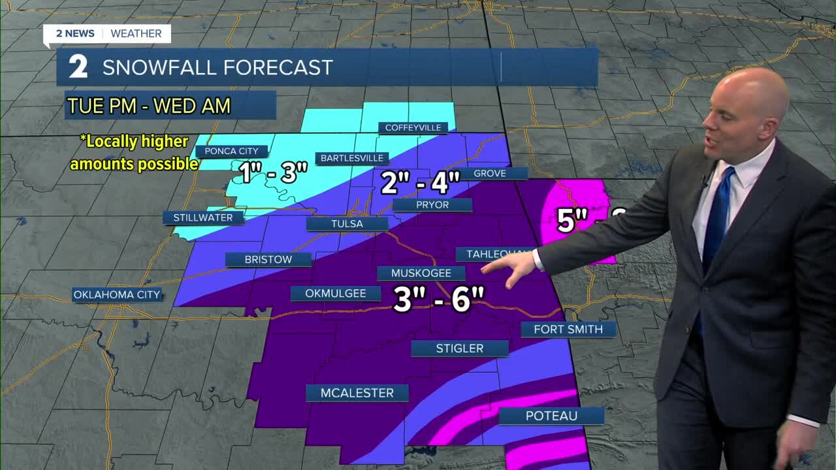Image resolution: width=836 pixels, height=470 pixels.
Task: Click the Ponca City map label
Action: tap(231, 151)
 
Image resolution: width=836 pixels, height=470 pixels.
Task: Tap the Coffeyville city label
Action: tap(413, 127)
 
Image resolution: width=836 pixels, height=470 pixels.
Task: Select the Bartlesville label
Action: tap(352, 158)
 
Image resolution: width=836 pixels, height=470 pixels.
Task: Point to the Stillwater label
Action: tap(203, 217)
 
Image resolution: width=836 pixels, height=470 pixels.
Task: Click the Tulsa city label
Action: tap(347, 224)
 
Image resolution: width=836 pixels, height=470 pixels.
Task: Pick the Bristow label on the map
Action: tap(268, 259)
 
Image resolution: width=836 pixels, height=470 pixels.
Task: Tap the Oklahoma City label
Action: tap(116, 294)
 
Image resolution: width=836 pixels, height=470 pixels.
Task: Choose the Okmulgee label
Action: tap(336, 294)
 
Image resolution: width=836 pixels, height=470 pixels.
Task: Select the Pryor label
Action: tap(432, 205)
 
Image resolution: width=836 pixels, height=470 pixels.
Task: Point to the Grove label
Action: tap(489, 173)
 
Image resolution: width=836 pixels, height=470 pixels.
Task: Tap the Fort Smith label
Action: tap(568, 329)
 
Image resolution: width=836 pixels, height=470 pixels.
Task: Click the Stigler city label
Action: tap(459, 349)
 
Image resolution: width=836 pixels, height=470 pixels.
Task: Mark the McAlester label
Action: tap(357, 393)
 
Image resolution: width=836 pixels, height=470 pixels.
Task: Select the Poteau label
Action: tap(551, 416)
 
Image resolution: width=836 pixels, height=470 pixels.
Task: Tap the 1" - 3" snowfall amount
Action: tap(272, 173)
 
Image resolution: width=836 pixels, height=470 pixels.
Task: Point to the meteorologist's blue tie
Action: tap(717, 210)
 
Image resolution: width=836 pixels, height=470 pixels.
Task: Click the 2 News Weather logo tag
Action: tap(107, 34)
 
